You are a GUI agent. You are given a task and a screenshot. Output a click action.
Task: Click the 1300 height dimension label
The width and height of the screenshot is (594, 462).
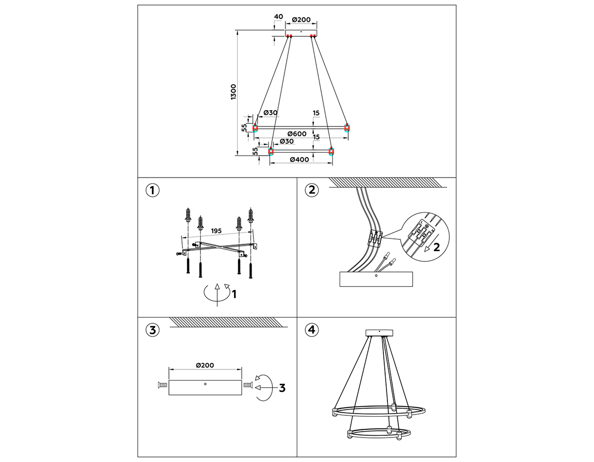tap(233, 92)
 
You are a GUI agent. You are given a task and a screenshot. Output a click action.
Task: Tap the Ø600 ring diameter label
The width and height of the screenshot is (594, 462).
tap(297, 134)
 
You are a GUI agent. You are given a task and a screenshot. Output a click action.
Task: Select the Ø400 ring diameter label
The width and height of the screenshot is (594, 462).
tap(299, 160)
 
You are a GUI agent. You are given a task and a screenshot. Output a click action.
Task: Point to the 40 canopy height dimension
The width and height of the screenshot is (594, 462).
tap(278, 16)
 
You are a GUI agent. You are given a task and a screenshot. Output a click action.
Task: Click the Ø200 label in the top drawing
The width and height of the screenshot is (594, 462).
tap(301, 20)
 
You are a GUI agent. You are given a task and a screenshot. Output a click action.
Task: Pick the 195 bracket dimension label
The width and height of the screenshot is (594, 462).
tap(216, 231)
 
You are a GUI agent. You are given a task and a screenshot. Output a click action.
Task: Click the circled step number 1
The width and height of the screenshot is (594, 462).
tap(152, 190)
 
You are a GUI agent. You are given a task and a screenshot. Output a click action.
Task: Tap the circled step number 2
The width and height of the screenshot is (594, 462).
tap(312, 190)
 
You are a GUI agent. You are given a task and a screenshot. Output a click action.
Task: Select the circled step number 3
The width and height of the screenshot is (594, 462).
tap(152, 330)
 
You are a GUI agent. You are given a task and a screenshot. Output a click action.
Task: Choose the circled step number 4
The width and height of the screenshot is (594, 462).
tap(312, 330)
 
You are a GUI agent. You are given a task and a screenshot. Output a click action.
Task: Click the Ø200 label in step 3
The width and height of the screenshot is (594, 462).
tap(205, 365)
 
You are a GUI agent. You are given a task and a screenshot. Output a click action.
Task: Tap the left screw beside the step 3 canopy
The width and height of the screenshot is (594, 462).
tap(162, 385)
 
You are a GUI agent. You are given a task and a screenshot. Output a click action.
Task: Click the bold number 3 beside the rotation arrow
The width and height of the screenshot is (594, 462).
tap(282, 388)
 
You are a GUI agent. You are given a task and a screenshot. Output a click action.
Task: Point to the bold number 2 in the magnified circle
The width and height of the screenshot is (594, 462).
tap(436, 247)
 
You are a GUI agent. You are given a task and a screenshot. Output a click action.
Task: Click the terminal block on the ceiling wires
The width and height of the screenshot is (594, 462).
tap(375, 238)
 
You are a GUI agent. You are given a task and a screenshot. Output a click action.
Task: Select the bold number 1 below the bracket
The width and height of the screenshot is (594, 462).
tap(234, 294)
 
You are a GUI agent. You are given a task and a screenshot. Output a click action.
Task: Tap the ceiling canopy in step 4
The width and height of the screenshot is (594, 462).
tap(379, 333)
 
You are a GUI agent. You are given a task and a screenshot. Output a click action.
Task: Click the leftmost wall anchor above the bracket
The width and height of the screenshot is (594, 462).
tap(188, 215)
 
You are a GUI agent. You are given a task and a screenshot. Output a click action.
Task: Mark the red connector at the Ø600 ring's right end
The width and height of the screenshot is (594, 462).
tap(347, 127)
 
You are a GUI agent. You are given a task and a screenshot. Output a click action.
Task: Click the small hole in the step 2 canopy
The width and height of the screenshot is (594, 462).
tap(376, 276)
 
